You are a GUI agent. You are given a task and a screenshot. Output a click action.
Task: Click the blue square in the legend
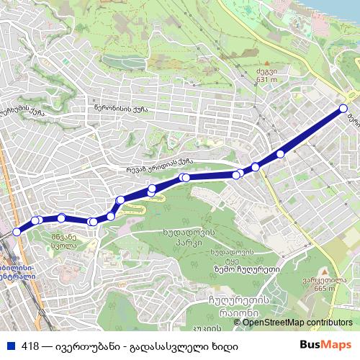tap(10, 345)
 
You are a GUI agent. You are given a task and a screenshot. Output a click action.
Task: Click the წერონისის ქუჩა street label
tap(120, 109)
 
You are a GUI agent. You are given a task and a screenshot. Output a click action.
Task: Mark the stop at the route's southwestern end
tap(16, 231)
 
